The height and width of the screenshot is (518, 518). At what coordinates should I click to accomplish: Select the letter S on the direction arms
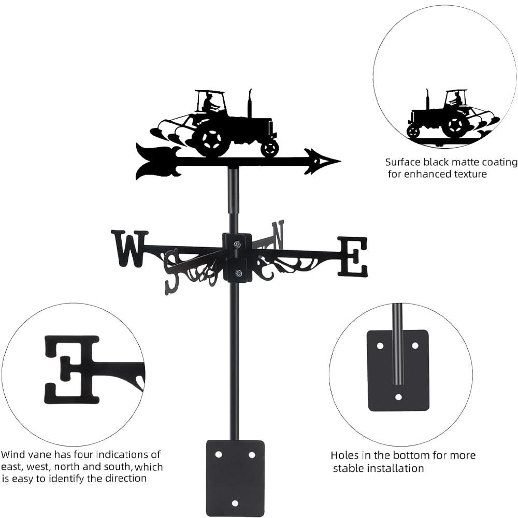point(172,271)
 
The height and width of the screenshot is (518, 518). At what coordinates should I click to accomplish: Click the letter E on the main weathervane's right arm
point(352,256)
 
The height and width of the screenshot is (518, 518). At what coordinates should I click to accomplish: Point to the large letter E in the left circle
point(73,369)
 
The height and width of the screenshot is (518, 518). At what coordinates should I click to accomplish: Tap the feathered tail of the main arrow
point(155,161)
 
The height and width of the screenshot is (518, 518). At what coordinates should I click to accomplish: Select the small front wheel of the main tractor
point(269,149)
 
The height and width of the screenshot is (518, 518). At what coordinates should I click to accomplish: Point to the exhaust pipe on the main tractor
point(250,103)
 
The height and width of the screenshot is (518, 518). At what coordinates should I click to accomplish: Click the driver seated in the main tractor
point(210,104)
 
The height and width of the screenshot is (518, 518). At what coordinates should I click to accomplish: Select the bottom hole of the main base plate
point(235,502)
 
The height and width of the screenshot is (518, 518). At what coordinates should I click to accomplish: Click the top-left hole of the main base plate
point(219,454)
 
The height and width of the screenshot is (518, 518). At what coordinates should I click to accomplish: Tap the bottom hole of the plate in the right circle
point(398,397)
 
